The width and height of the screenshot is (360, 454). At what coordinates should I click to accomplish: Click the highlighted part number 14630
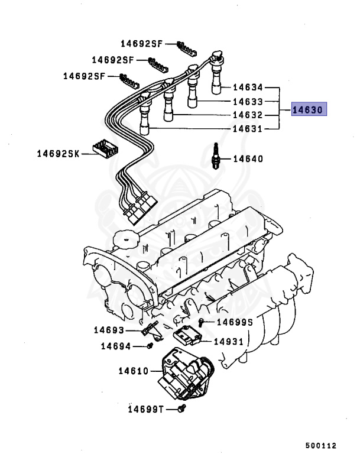coord(309,109)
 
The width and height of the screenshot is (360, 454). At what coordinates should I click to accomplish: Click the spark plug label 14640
coord(248,158)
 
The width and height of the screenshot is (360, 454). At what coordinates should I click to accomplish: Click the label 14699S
coord(235,322)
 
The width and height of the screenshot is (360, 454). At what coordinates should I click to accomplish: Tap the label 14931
coord(228,342)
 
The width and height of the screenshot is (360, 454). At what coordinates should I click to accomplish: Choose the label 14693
coord(109,330)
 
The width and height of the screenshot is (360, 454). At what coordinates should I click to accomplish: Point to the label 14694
coord(115,346)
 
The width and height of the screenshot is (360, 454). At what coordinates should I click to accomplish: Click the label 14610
coord(133,371)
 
